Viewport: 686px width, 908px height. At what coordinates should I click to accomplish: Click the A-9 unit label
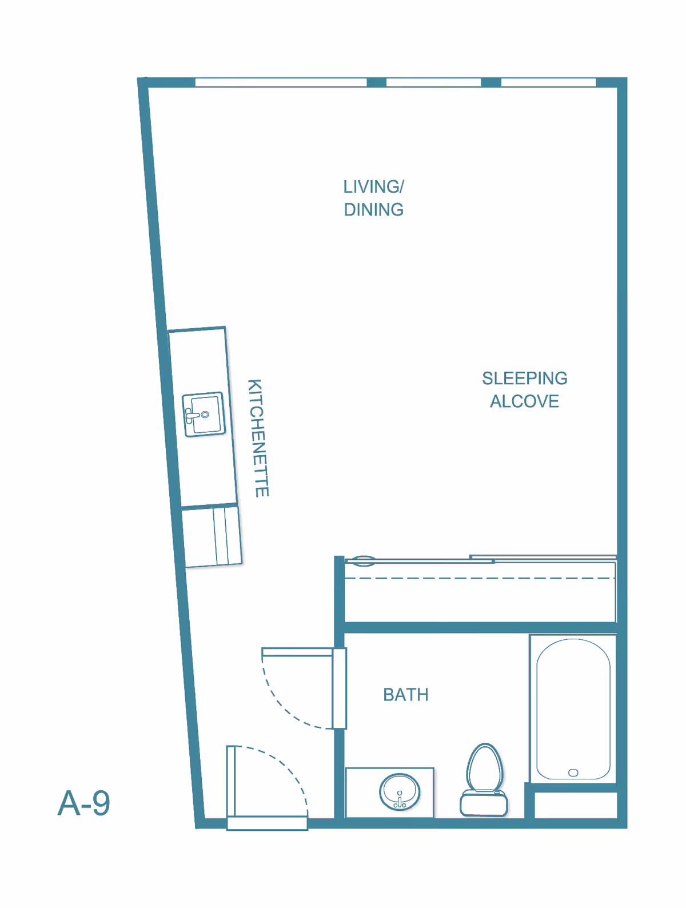point(83,803)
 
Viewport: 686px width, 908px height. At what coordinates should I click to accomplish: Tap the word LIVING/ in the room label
point(373,186)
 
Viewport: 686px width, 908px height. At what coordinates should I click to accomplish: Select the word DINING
point(374,209)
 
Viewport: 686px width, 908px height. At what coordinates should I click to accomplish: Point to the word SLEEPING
point(524,378)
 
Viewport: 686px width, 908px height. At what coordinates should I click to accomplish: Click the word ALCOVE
point(524,401)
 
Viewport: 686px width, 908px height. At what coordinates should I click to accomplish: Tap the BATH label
point(406,695)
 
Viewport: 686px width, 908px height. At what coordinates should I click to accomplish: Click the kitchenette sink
point(204,414)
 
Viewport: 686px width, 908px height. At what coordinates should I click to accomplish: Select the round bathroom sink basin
point(400,792)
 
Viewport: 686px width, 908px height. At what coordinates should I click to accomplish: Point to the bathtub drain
point(573,772)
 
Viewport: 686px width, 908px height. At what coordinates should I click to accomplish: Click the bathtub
point(573,708)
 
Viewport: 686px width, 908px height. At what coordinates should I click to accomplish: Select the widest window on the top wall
point(281,82)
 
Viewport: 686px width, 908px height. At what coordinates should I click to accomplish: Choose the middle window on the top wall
point(433,82)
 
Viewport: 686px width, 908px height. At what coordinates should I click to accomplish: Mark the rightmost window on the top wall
point(548,82)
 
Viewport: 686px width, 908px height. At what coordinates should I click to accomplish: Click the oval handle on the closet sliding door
point(363,561)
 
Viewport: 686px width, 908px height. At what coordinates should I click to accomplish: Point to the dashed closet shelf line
point(480,578)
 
